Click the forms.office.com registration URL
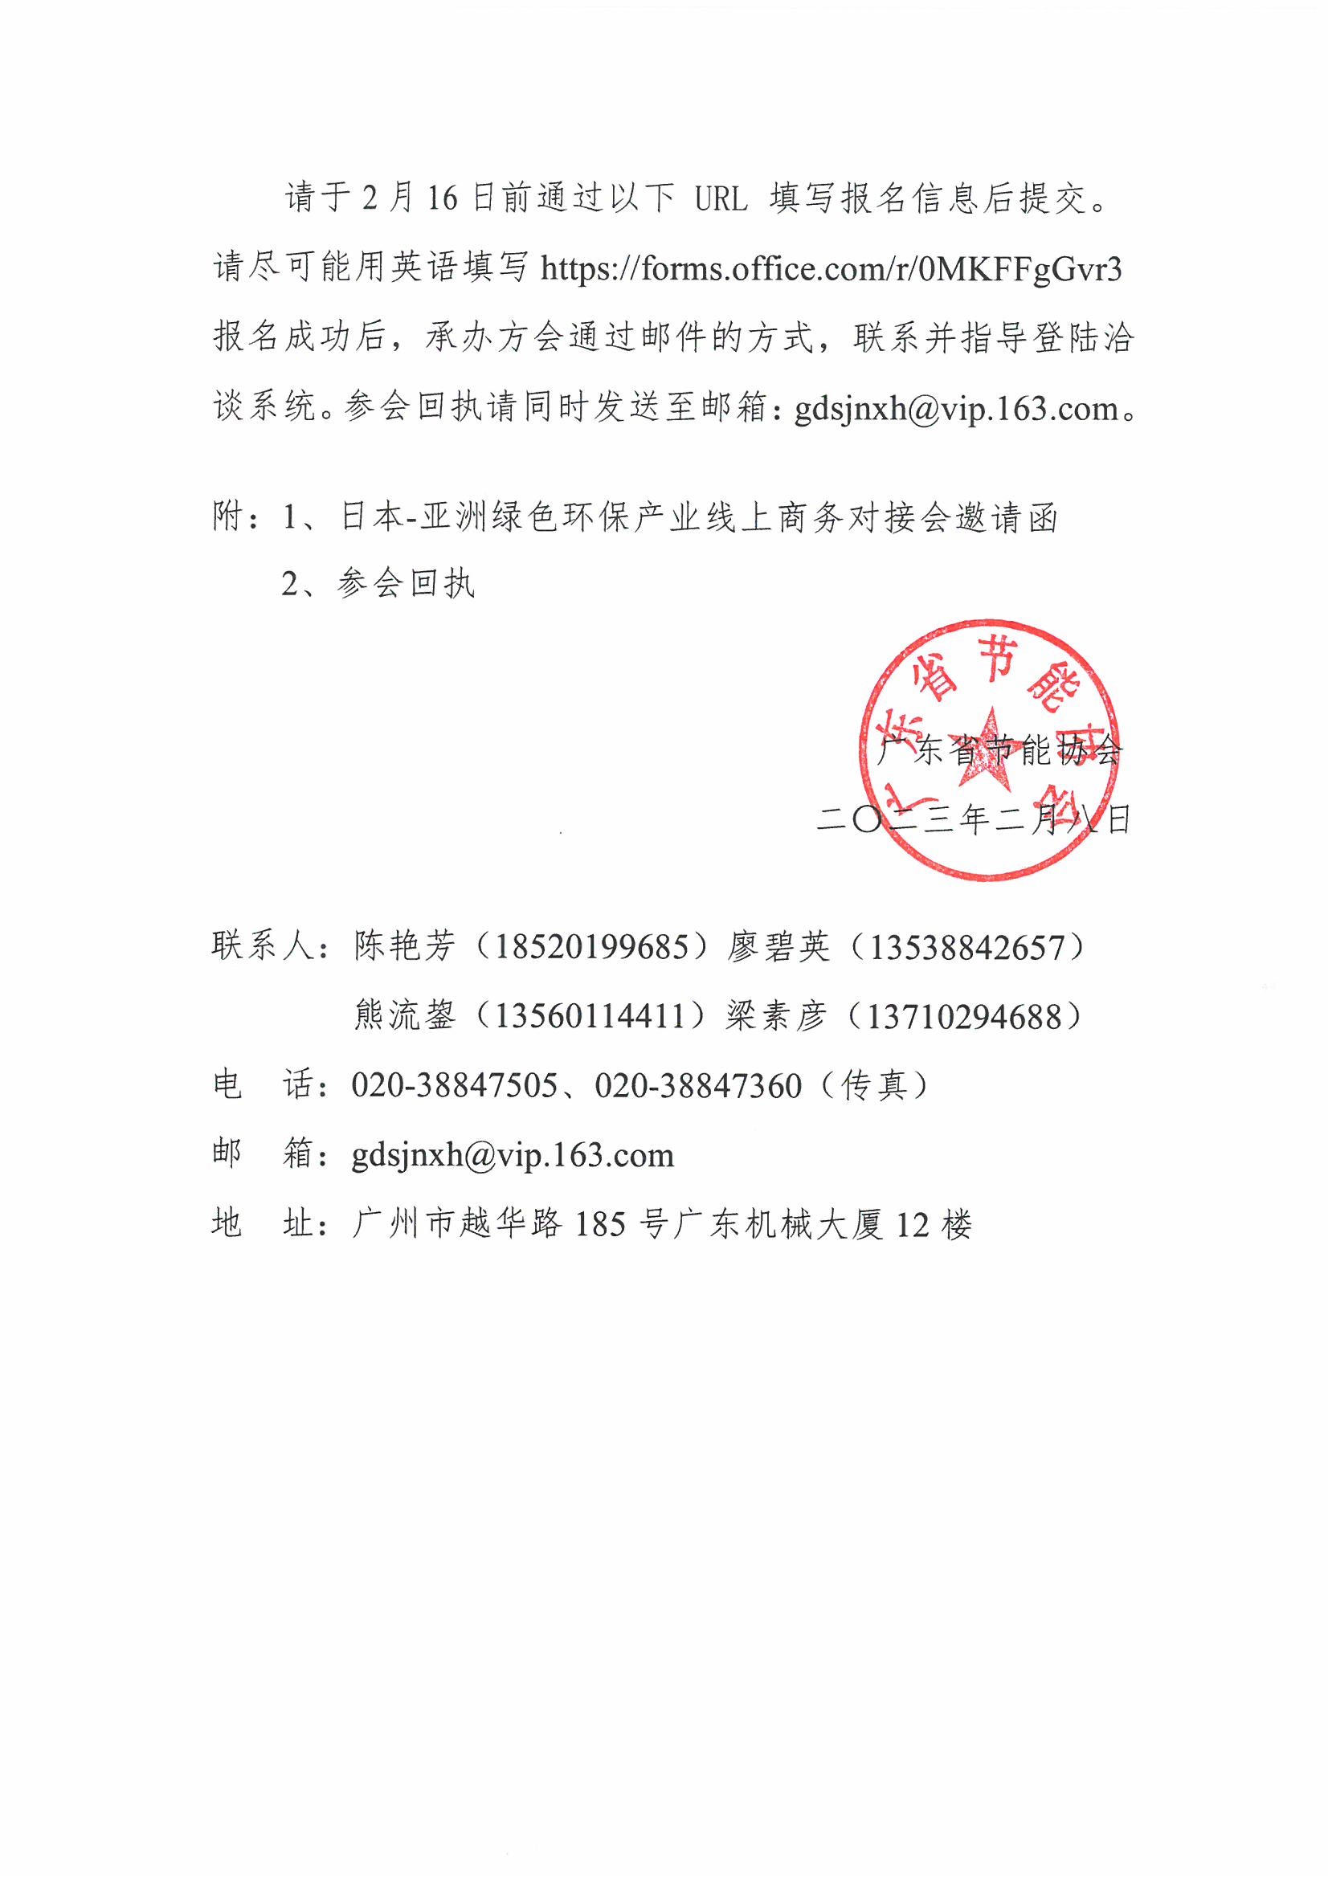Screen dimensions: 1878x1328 pos(831,269)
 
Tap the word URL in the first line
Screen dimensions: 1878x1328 pos(721,199)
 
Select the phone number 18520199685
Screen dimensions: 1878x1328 pos(590,947)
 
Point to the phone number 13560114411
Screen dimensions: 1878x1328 pos(589,1016)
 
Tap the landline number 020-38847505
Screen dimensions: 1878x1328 pos(454,1085)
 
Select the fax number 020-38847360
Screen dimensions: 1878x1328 pos(698,1085)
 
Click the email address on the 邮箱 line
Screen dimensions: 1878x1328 pos(513,1155)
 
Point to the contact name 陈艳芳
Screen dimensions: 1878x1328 pos(404,946)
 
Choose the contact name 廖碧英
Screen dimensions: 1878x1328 pos(778,947)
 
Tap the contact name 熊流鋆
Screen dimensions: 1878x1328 pos(404,1016)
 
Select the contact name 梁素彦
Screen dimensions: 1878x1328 pos(776,1017)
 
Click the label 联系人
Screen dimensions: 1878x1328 pos(262,946)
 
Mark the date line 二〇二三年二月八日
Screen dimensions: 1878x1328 pos(974,819)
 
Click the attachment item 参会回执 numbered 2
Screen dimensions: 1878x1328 pos(405,583)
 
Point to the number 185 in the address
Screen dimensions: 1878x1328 pos(600,1224)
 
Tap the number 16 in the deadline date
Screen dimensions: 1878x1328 pos(442,198)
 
